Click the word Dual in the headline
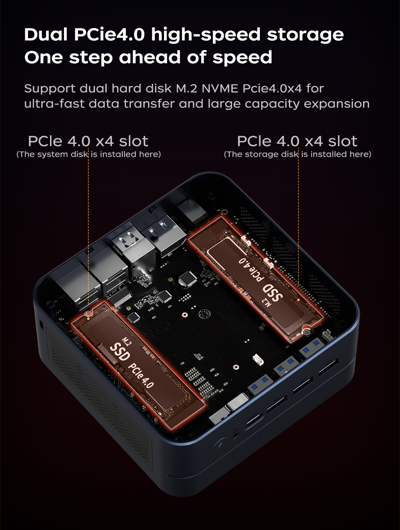[x=46, y=35]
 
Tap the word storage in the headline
[x=305, y=35]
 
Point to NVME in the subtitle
[x=220, y=88]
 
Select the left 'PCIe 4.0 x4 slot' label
[x=88, y=141]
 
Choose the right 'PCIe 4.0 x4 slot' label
[x=297, y=141]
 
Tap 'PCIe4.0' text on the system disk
[x=141, y=376]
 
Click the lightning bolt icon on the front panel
[x=220, y=445]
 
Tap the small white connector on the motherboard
[x=258, y=359]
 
